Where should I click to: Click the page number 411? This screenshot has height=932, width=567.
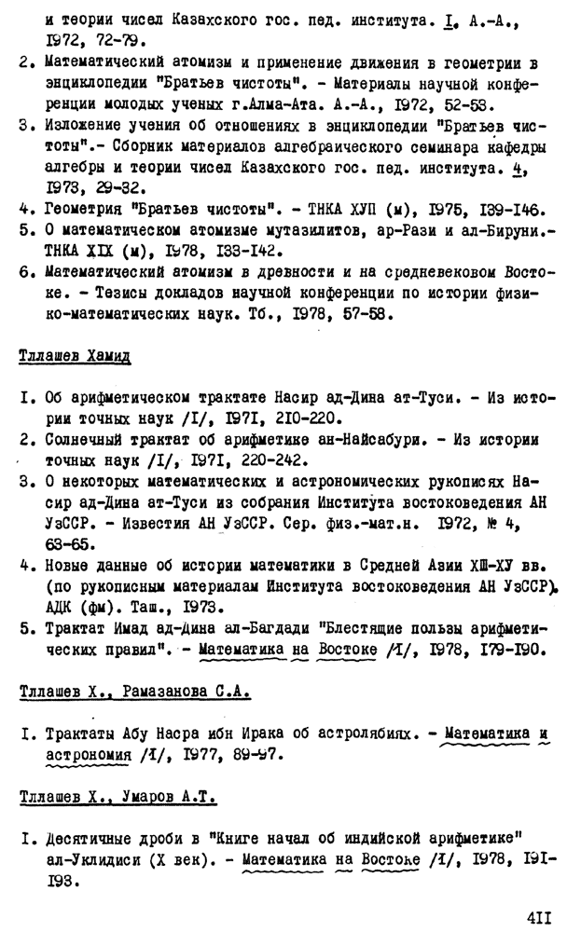(x=539, y=917)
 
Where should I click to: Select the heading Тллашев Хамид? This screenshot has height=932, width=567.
(x=75, y=356)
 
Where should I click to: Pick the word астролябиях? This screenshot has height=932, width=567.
(x=363, y=731)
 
